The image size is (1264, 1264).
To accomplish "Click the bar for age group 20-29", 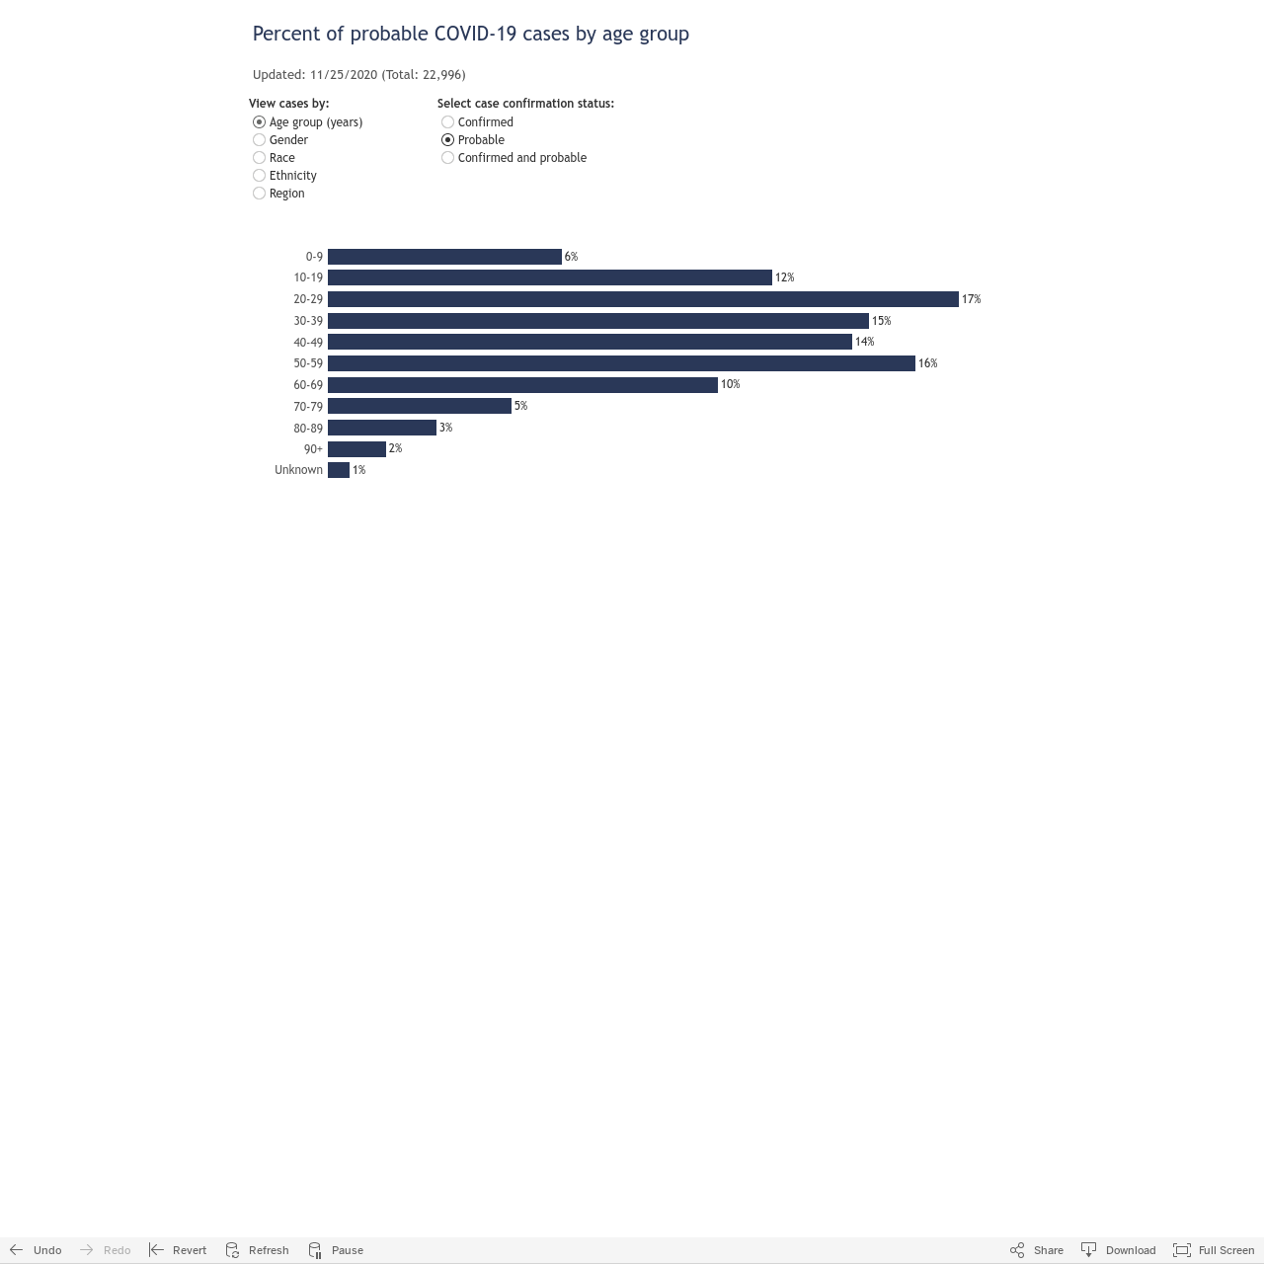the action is [x=643, y=299].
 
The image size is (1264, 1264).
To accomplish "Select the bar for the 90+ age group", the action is [x=356, y=448].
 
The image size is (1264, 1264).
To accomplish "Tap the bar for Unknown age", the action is [x=339, y=470].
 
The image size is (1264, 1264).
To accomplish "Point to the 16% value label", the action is [x=927, y=362].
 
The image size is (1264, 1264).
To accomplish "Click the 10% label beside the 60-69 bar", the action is [x=730, y=384].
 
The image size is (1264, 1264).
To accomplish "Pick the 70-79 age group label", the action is [x=308, y=406].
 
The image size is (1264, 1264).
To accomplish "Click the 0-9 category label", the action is [x=314, y=257].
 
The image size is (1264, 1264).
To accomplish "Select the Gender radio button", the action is [x=259, y=139].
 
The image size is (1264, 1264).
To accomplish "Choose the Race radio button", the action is [x=259, y=157].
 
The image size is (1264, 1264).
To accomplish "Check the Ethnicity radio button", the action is [x=259, y=175].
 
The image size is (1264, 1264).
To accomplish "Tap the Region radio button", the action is [x=259, y=193].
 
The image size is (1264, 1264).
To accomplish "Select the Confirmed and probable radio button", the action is [x=448, y=157].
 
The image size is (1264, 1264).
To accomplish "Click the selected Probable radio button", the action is [x=448, y=139].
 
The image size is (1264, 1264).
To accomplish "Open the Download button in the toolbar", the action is [x=1119, y=1249].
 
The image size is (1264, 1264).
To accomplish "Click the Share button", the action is [x=1037, y=1249].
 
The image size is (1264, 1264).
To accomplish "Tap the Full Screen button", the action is [x=1214, y=1249].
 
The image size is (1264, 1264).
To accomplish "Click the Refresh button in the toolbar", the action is [x=257, y=1249].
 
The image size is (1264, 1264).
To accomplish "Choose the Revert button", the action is [x=178, y=1249].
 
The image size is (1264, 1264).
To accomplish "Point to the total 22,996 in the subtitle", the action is [x=443, y=75].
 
